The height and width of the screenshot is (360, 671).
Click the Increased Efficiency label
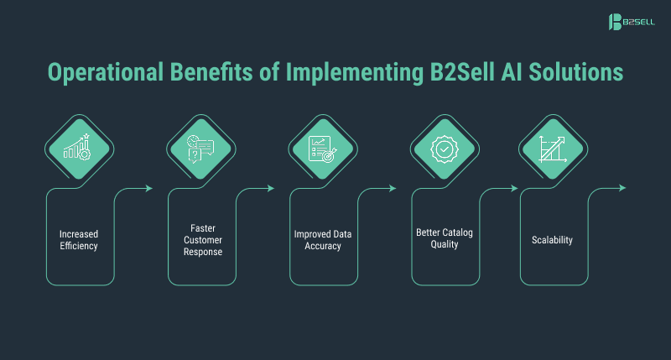coord(79,240)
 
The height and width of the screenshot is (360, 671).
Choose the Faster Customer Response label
coord(200,240)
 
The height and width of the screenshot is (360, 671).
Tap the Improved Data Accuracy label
coord(322,240)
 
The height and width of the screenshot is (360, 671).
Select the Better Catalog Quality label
coord(444,240)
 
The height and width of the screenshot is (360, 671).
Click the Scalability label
coord(552,240)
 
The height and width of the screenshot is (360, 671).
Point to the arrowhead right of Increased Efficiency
coord(148,188)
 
